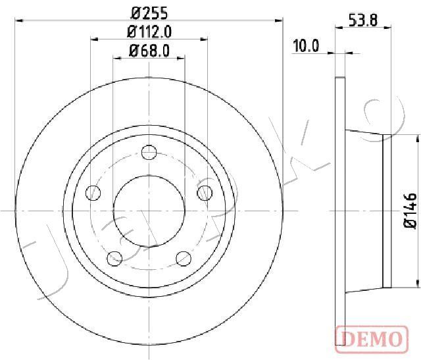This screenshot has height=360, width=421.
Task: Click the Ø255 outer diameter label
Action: [149, 13]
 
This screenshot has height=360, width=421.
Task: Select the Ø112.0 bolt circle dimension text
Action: [149, 32]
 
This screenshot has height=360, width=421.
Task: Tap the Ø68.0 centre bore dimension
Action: [149, 51]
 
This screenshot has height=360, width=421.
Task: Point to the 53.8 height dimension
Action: [363, 20]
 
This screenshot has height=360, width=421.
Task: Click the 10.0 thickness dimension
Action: [306, 45]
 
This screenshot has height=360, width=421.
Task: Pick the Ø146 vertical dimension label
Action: [410, 211]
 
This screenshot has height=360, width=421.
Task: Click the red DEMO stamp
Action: [372, 339]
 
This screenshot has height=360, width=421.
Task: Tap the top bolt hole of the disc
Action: [149, 152]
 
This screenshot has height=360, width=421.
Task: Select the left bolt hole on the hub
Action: [93, 193]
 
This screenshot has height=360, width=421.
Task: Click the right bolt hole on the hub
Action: [205, 193]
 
